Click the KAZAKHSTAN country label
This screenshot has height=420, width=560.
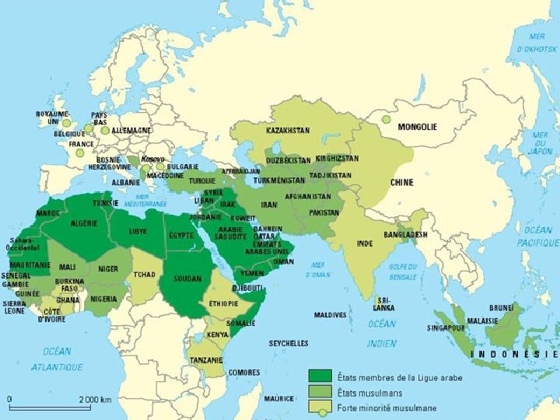pos(288,130)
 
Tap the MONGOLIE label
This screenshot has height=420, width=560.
pos(417,127)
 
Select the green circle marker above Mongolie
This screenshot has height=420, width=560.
pos(385,120)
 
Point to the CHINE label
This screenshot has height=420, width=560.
pos(401,182)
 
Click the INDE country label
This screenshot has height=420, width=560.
pos(364,243)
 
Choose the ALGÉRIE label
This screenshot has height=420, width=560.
pos(83,223)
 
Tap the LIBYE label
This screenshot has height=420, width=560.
pos(138,231)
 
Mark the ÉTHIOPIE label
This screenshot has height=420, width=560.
pos(223,303)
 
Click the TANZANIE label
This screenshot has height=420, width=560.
pos(206,359)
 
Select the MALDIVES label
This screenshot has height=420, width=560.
pos(330,315)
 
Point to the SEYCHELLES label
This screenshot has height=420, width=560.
pos(289,343)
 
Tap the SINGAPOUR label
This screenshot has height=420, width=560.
pos(446,327)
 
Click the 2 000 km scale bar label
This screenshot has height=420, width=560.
pos(95,399)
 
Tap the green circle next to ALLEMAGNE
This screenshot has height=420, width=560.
pos(105,131)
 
